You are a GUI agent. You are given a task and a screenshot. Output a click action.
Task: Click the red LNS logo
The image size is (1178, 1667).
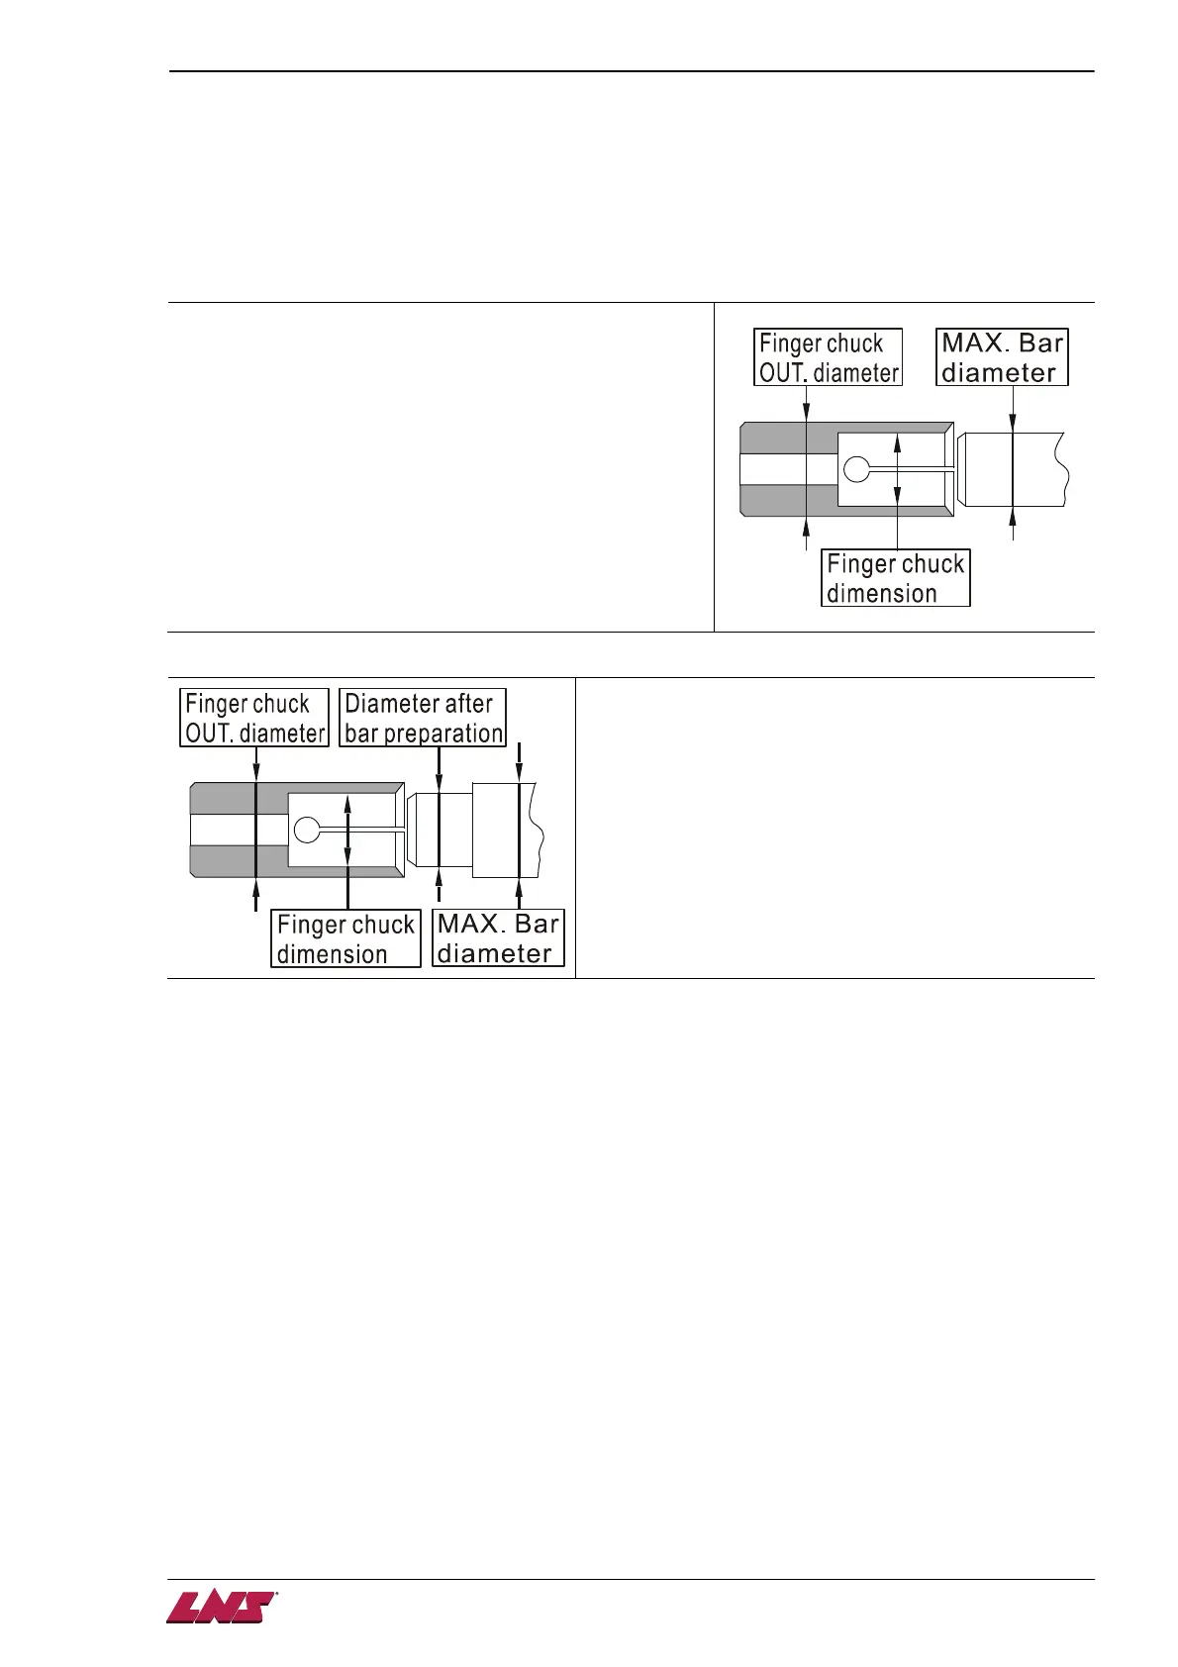pos(221,1608)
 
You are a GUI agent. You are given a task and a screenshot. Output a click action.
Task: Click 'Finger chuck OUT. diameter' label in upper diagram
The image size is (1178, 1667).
pos(829,357)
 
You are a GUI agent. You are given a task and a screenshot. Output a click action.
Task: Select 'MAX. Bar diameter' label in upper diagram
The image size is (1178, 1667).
pos(1002,357)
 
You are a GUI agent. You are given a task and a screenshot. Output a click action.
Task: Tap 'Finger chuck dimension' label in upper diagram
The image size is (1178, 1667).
pos(895,578)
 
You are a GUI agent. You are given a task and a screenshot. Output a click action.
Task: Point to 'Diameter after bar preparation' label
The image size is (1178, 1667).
pos(423,718)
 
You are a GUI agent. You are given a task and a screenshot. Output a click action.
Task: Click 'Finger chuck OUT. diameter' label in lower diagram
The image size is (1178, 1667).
pos(254,718)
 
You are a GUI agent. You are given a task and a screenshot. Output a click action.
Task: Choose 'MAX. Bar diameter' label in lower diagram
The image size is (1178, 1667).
pos(498,938)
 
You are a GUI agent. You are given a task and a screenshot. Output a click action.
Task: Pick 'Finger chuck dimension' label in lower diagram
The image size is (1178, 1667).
pos(345,938)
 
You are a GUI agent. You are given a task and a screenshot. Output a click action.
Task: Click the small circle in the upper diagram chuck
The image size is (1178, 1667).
pos(857,469)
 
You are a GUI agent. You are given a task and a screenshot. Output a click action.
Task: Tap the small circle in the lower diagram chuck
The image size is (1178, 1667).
pos(307,830)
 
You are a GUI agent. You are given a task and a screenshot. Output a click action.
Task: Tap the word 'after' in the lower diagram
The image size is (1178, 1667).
pos(469,704)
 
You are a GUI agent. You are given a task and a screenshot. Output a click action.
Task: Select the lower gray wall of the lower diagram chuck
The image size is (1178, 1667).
pos(238,861)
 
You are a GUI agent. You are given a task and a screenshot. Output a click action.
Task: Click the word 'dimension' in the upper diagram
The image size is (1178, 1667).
pos(881,593)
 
